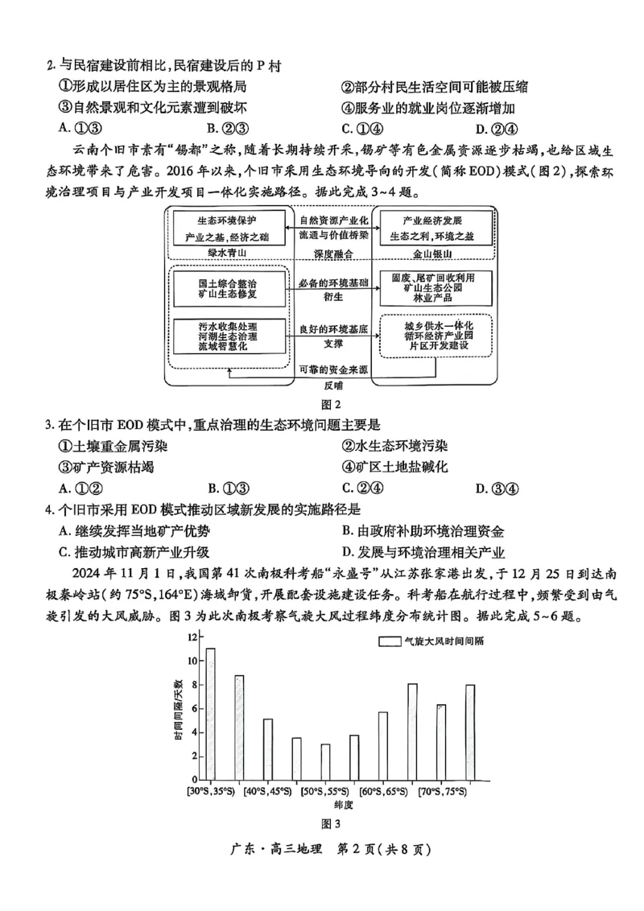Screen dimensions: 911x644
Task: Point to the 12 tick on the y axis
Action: [192, 637]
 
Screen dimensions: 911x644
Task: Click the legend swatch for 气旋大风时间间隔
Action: [390, 641]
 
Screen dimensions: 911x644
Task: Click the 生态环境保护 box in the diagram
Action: [229, 228]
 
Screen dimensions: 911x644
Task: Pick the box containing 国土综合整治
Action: [229, 288]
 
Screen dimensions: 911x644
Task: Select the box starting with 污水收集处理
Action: [229, 335]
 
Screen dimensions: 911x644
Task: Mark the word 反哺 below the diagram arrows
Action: [332, 385]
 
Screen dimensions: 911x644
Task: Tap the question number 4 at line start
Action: [50, 509]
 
